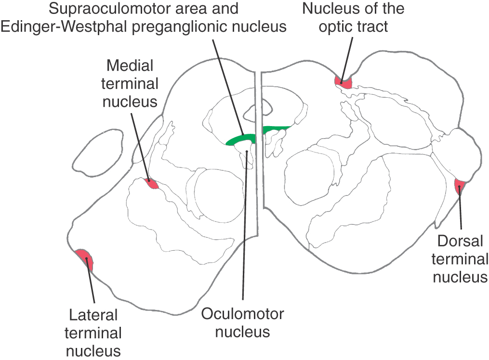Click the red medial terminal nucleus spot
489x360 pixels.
[x=151, y=184]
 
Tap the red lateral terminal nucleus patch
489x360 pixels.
[x=85, y=260]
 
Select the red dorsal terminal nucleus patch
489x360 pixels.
[x=459, y=187]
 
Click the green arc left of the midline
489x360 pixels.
[x=239, y=140]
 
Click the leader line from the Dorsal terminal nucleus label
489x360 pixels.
[x=461, y=212]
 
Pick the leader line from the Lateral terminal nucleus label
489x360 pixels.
[x=91, y=284]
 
